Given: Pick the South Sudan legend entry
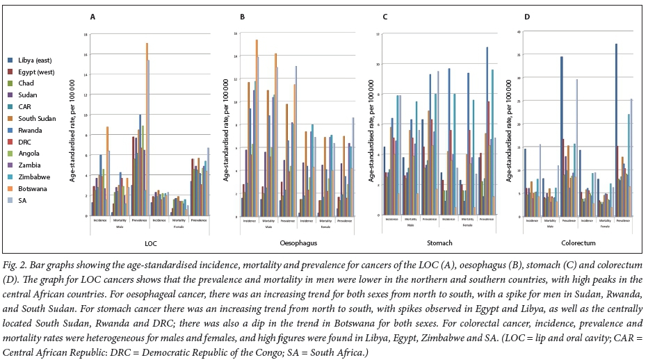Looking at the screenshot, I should pyautogui.click(x=33, y=119).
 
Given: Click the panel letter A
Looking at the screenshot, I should pyautogui.click(x=93, y=16).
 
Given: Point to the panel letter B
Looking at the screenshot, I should pyautogui.click(x=242, y=16).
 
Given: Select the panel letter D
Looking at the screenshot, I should pyautogui.click(x=527, y=16).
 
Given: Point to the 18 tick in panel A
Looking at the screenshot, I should pyautogui.click(x=86, y=34).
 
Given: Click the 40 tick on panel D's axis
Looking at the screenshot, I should pyautogui.click(x=515, y=32).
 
